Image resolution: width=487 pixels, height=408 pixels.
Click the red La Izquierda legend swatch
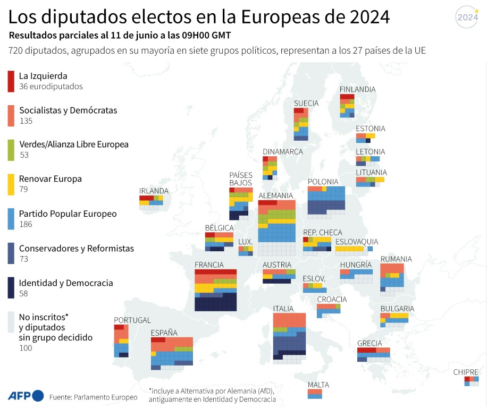tap(11, 80)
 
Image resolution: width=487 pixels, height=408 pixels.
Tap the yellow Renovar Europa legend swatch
tap(11, 184)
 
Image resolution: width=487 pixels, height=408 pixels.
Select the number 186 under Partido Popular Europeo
tap(26, 224)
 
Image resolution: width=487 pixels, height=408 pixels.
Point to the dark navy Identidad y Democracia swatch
tap(11, 287)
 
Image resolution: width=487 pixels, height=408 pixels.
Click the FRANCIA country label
tap(209, 265)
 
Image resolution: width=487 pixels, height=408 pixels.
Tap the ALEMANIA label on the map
tap(275, 195)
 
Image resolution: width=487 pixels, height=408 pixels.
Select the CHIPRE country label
tap(466, 372)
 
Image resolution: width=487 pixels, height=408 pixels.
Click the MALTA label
tap(318, 385)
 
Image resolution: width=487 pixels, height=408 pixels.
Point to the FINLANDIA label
tap(357, 89)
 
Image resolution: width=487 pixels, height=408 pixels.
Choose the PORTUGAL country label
tap(132, 320)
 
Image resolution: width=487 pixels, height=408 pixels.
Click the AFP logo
tap(26, 396)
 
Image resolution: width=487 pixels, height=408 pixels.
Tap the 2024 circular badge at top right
tap(468, 17)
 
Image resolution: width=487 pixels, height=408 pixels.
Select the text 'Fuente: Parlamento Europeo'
tap(93, 397)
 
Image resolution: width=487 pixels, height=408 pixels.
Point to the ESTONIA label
tap(371, 129)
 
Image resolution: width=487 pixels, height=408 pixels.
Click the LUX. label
tap(245, 242)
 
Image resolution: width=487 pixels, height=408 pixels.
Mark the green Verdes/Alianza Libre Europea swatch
tap(11, 149)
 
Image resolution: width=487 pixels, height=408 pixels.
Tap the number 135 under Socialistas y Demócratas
tap(26, 121)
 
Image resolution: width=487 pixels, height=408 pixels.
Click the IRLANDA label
tap(154, 191)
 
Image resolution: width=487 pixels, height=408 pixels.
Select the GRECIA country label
tap(370, 343)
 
